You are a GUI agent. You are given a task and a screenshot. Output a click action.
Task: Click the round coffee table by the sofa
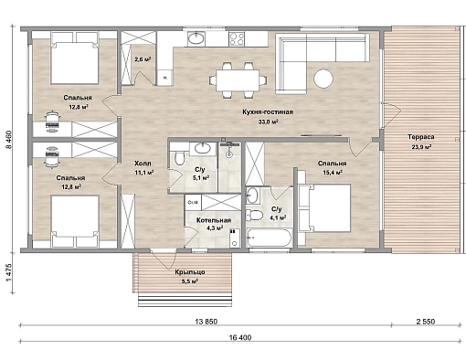click(323, 79)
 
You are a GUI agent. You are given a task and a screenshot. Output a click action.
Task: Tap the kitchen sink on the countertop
click(196, 38)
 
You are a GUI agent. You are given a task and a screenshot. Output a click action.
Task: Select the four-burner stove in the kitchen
click(237, 39)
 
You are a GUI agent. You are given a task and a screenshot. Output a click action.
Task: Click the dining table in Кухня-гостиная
click(238, 80)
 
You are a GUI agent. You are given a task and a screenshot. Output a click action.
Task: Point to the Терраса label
click(421, 137)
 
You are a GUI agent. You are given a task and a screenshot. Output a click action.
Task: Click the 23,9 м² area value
click(421, 147)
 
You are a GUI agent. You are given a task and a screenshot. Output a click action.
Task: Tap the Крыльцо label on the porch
click(190, 272)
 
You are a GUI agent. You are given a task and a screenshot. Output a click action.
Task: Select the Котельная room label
click(214, 220)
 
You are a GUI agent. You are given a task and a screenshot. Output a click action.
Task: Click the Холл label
click(143, 164)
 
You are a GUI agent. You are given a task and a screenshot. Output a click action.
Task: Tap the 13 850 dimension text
click(207, 322)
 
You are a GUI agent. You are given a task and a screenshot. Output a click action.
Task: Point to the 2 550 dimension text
click(426, 322)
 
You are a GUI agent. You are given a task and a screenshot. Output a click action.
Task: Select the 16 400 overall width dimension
click(240, 337)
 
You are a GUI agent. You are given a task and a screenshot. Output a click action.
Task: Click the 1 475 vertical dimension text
click(9, 272)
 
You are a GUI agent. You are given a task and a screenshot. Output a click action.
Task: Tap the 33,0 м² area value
click(268, 122)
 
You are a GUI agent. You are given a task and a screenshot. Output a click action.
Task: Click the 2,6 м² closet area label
click(143, 59)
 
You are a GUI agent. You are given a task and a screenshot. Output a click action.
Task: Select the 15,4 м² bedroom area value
click(333, 173)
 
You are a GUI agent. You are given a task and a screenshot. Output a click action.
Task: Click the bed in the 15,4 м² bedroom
click(325, 207)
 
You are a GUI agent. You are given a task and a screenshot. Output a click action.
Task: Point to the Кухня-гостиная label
click(268, 112)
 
